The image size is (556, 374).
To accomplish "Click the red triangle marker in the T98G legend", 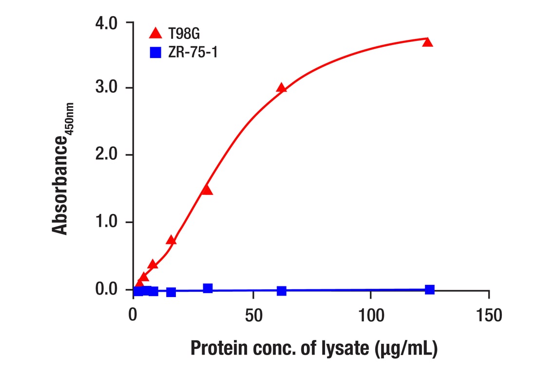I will tap(155, 33).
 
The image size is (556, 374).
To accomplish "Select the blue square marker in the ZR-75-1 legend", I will tap(155, 52).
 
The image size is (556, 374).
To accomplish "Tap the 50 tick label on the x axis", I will tap(253, 316).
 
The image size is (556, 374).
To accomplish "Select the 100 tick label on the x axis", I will tap(371, 316).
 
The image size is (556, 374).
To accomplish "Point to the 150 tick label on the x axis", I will tap(489, 316).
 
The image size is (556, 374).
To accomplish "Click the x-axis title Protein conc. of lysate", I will tap(313, 349).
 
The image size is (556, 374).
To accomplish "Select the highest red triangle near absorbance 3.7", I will tap(428, 42).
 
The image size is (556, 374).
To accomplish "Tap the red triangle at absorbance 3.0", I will tap(281, 88).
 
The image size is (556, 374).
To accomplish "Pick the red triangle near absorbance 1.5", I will tap(207, 190).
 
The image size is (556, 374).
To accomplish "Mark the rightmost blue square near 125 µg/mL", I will tap(429, 290).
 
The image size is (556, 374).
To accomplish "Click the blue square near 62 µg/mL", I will tap(281, 291).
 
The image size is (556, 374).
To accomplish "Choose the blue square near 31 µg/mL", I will tap(208, 288).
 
